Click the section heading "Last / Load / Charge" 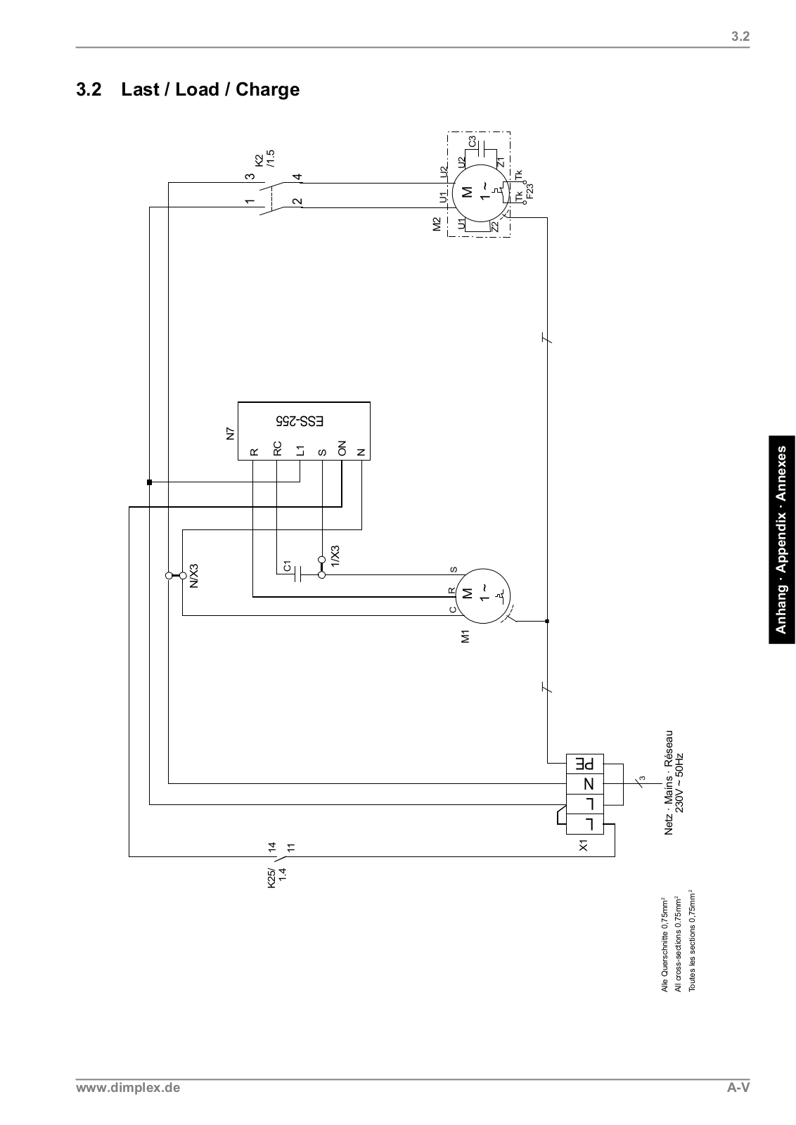coord(210,90)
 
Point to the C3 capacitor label coord(473,141)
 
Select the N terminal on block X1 coord(585,784)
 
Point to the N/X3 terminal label coord(194,574)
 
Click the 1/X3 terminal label coord(335,557)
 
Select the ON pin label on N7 coord(342,449)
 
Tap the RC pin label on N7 coord(277,449)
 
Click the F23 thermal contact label coord(529,191)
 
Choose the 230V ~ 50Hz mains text coord(679,784)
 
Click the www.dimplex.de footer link coord(128,1088)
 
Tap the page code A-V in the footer coord(738,1088)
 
